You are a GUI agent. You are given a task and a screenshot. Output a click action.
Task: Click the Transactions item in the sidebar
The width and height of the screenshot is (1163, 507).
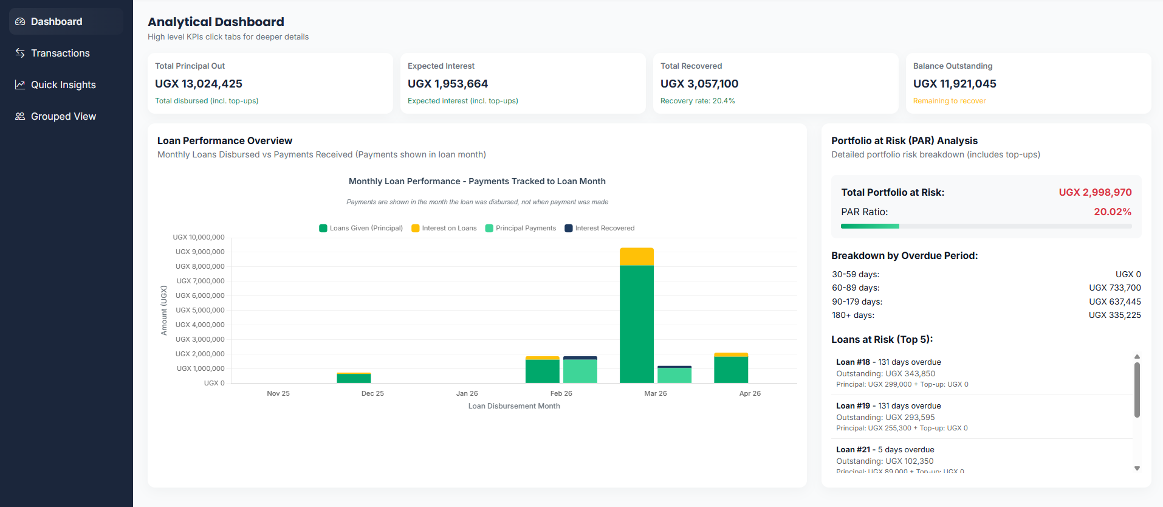pos(60,53)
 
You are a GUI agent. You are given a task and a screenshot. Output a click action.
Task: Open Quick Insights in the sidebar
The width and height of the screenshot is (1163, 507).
pos(63,85)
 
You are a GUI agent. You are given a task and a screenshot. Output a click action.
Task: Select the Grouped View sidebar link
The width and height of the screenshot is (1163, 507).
pos(63,117)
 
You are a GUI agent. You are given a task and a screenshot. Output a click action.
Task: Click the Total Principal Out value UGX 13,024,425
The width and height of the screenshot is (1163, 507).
pos(199,84)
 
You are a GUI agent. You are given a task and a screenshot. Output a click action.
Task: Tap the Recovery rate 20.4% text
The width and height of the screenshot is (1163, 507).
pos(698,101)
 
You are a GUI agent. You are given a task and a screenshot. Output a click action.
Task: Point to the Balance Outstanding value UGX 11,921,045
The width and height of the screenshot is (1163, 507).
pos(955,84)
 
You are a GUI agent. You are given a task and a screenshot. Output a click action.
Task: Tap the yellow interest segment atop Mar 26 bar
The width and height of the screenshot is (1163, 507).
pos(636,257)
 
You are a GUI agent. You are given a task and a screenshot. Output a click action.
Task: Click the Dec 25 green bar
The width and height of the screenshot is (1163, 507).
pos(354,379)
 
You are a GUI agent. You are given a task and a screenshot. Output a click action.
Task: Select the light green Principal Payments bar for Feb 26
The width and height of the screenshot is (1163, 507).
pos(580,371)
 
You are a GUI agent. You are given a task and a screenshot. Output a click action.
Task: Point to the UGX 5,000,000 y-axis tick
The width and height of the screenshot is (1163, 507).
pos(200,311)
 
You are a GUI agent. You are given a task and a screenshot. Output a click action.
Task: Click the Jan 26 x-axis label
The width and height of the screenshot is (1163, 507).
pos(467,394)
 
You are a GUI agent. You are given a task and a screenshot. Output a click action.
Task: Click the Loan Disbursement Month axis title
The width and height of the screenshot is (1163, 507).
pos(514,406)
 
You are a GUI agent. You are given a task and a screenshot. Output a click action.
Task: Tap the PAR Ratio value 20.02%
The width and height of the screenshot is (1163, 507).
pos(1112,212)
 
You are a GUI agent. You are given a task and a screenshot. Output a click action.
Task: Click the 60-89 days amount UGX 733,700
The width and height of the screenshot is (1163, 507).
pos(1114,288)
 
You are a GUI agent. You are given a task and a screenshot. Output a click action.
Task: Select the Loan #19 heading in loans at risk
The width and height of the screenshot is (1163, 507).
pos(853,406)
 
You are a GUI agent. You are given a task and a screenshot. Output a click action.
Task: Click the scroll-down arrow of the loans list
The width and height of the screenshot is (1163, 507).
pos(1137,469)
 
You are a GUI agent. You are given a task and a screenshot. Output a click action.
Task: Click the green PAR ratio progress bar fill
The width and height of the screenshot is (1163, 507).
pos(870,226)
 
